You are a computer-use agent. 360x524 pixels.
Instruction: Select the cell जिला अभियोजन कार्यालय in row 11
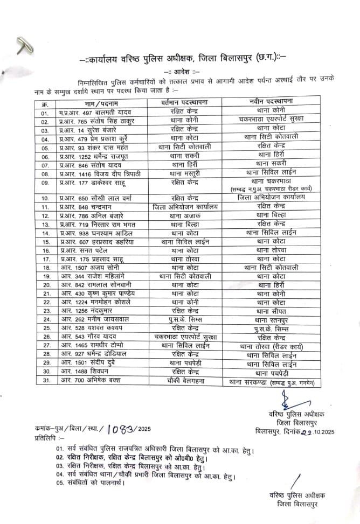point(185,206)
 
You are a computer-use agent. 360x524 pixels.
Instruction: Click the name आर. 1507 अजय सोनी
point(86,268)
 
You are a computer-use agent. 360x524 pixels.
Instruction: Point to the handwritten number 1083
point(123,429)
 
